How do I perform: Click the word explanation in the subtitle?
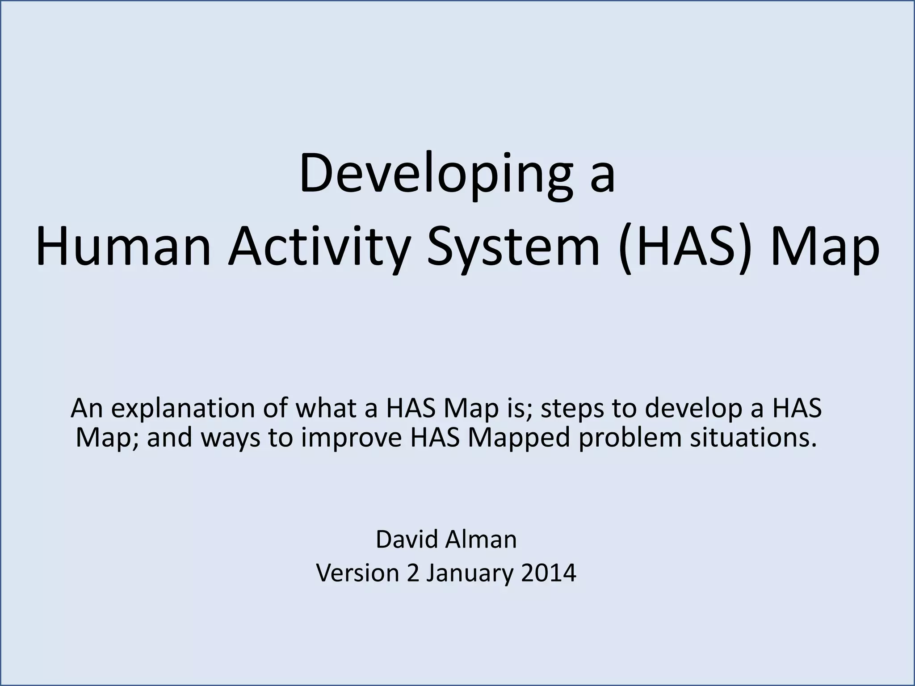184,408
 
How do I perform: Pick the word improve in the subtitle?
351,438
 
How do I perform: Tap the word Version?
357,573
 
